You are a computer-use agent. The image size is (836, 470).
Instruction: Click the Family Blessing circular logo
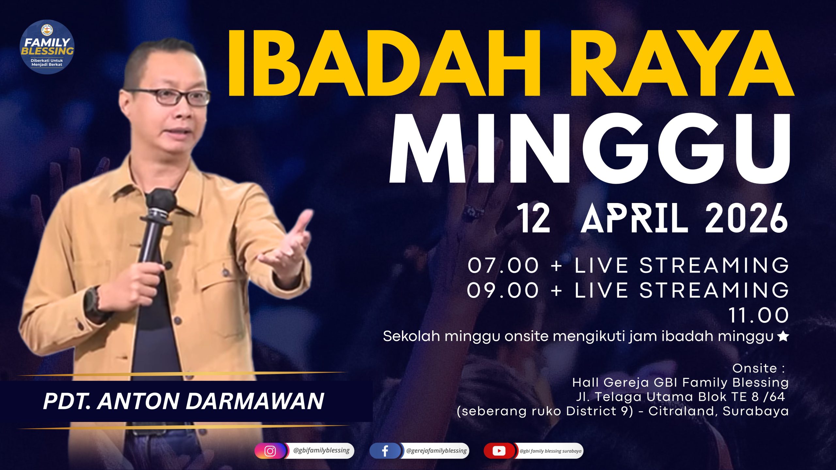click(x=47, y=47)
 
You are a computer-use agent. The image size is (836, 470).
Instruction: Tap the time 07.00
click(x=503, y=265)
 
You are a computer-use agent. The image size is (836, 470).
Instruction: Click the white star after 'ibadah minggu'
click(x=783, y=337)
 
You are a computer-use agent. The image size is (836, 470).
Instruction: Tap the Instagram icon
click(x=270, y=451)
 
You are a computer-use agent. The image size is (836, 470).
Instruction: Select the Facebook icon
click(x=385, y=451)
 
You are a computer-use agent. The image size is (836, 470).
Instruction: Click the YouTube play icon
click(x=499, y=451)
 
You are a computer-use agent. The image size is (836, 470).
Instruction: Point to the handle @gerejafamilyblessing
click(x=436, y=451)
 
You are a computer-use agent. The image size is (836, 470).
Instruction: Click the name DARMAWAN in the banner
click(x=255, y=401)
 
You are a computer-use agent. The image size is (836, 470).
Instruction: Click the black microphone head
click(x=161, y=199)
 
